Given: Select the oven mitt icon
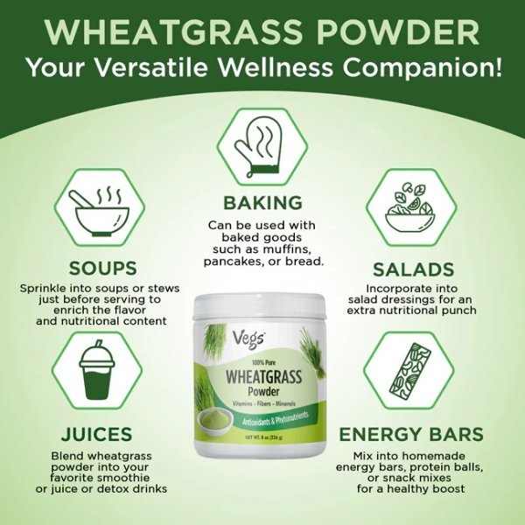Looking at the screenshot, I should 262,141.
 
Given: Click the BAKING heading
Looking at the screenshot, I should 262,204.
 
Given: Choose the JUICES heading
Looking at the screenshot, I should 97,434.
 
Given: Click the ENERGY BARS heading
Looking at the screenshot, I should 412,434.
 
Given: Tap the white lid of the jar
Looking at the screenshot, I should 262,304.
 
